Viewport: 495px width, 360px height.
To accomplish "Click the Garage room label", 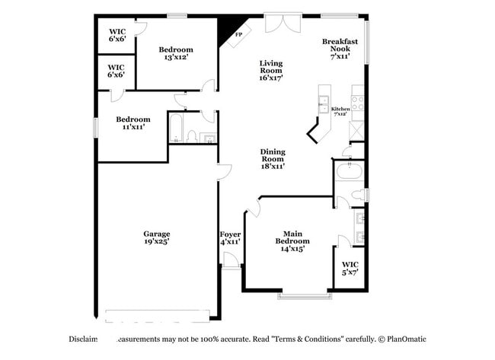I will [x=157, y=237].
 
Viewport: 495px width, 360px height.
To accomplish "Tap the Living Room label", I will [x=270, y=70].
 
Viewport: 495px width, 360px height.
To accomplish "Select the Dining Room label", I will [x=273, y=158].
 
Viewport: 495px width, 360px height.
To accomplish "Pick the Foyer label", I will [x=230, y=237].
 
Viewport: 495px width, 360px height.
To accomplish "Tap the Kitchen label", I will [x=340, y=111].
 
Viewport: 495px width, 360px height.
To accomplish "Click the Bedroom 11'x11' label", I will [x=133, y=123].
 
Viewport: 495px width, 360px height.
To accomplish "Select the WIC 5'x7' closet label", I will [x=350, y=268].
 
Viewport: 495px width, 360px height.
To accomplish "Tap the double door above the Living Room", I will [x=279, y=24].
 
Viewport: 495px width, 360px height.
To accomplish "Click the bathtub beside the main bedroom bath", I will [x=349, y=171].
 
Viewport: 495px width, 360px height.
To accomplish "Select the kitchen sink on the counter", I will [x=324, y=103].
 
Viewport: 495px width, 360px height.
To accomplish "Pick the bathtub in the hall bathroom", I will [x=175, y=128].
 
